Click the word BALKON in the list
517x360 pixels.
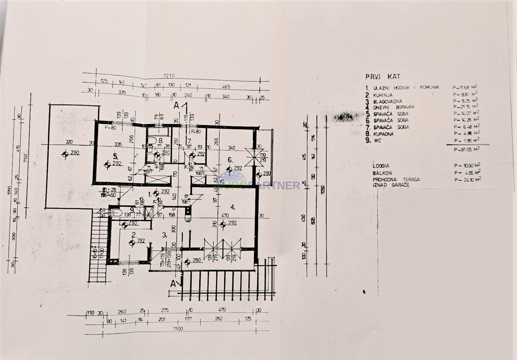pos(382,173)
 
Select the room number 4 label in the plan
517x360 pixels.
pos(233,207)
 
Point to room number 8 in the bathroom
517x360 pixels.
pos(160,140)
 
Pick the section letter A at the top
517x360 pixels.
pos(176,105)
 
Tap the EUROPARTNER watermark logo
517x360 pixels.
pos(258,184)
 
